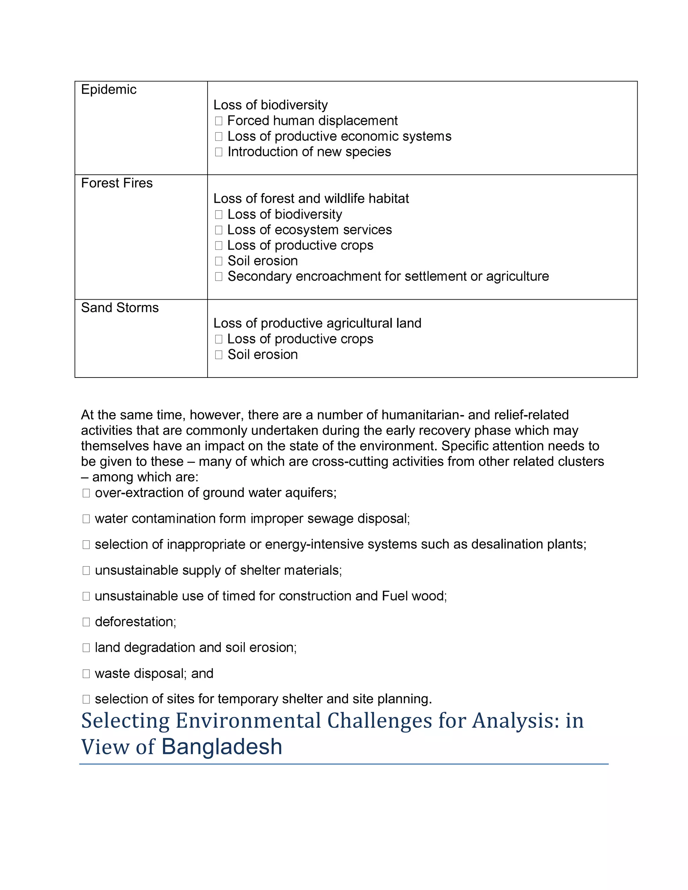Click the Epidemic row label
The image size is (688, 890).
point(109,89)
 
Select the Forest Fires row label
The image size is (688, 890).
point(117,183)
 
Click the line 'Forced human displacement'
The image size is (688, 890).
point(312,121)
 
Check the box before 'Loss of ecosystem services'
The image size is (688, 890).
point(218,230)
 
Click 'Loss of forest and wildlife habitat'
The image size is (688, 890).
point(311,198)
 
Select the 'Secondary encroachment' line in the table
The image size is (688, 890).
point(388,276)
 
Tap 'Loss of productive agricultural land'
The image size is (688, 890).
point(317,323)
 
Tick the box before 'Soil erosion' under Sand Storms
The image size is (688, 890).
point(218,355)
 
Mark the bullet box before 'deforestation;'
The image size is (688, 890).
point(86,622)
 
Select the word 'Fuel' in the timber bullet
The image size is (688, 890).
point(395,596)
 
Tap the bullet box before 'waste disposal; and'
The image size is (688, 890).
point(86,674)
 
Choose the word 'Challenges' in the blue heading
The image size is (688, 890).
point(380,720)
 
